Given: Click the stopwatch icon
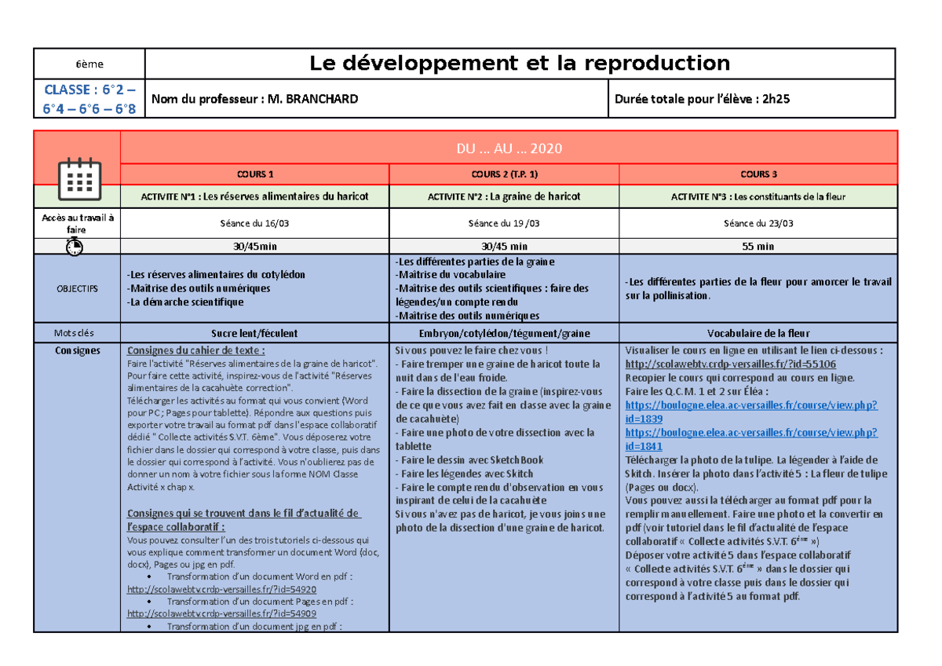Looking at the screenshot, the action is tap(75, 247).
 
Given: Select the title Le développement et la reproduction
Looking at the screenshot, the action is tap(520, 63).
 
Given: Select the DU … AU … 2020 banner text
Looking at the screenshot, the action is tap(509, 148).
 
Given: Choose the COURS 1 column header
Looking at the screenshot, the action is tap(255, 174).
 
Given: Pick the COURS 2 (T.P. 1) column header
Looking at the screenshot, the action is tap(505, 174).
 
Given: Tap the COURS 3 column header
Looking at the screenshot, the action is tap(758, 174).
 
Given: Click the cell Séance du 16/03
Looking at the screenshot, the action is tap(255, 224).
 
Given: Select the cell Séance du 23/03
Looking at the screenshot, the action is tap(758, 224).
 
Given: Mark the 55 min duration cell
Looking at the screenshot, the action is tap(758, 247).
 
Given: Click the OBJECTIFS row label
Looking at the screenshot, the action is tap(77, 288).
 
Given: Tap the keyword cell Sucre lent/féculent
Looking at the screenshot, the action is tap(255, 333).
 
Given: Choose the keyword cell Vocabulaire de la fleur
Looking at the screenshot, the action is tap(758, 333).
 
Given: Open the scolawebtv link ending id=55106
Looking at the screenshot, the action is tap(730, 364).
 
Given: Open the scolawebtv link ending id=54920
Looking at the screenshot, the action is tap(221, 589).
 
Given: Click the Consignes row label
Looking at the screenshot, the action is tap(77, 350).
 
